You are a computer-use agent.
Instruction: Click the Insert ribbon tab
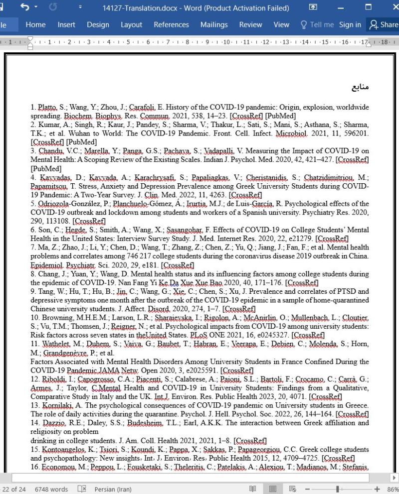[66, 25]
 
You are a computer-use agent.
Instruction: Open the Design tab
[98, 25]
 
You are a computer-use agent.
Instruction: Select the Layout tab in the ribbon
[131, 25]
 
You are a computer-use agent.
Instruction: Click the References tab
[171, 25]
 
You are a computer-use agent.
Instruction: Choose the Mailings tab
[214, 25]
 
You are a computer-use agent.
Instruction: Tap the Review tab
[250, 25]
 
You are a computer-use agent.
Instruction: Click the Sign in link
[350, 25]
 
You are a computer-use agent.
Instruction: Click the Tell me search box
[317, 25]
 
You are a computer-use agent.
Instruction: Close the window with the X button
[391, 8]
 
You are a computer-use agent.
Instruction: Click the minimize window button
[341, 8]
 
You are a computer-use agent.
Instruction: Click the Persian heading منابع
[360, 88]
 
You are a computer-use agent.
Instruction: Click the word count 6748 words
[51, 489]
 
